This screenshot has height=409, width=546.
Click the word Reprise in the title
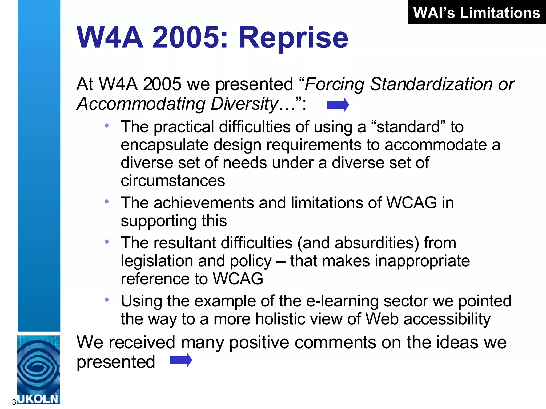click(293, 38)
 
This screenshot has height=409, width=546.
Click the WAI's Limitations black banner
click(476, 13)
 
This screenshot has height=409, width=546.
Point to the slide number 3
click(14, 402)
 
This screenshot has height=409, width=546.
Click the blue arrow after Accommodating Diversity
click(338, 105)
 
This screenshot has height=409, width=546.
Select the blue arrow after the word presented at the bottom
click(181, 360)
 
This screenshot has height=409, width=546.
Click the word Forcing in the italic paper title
click(334, 84)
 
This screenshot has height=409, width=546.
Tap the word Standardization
click(431, 84)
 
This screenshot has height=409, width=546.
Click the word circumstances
click(173, 181)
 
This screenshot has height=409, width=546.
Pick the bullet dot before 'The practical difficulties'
click(107, 125)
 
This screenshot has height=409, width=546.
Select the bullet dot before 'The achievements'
click(107, 202)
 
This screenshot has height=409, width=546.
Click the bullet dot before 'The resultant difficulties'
click(107, 242)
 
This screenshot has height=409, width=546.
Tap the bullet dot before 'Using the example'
click(107, 300)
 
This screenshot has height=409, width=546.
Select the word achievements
click(203, 203)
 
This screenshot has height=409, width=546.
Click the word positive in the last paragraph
click(259, 342)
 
